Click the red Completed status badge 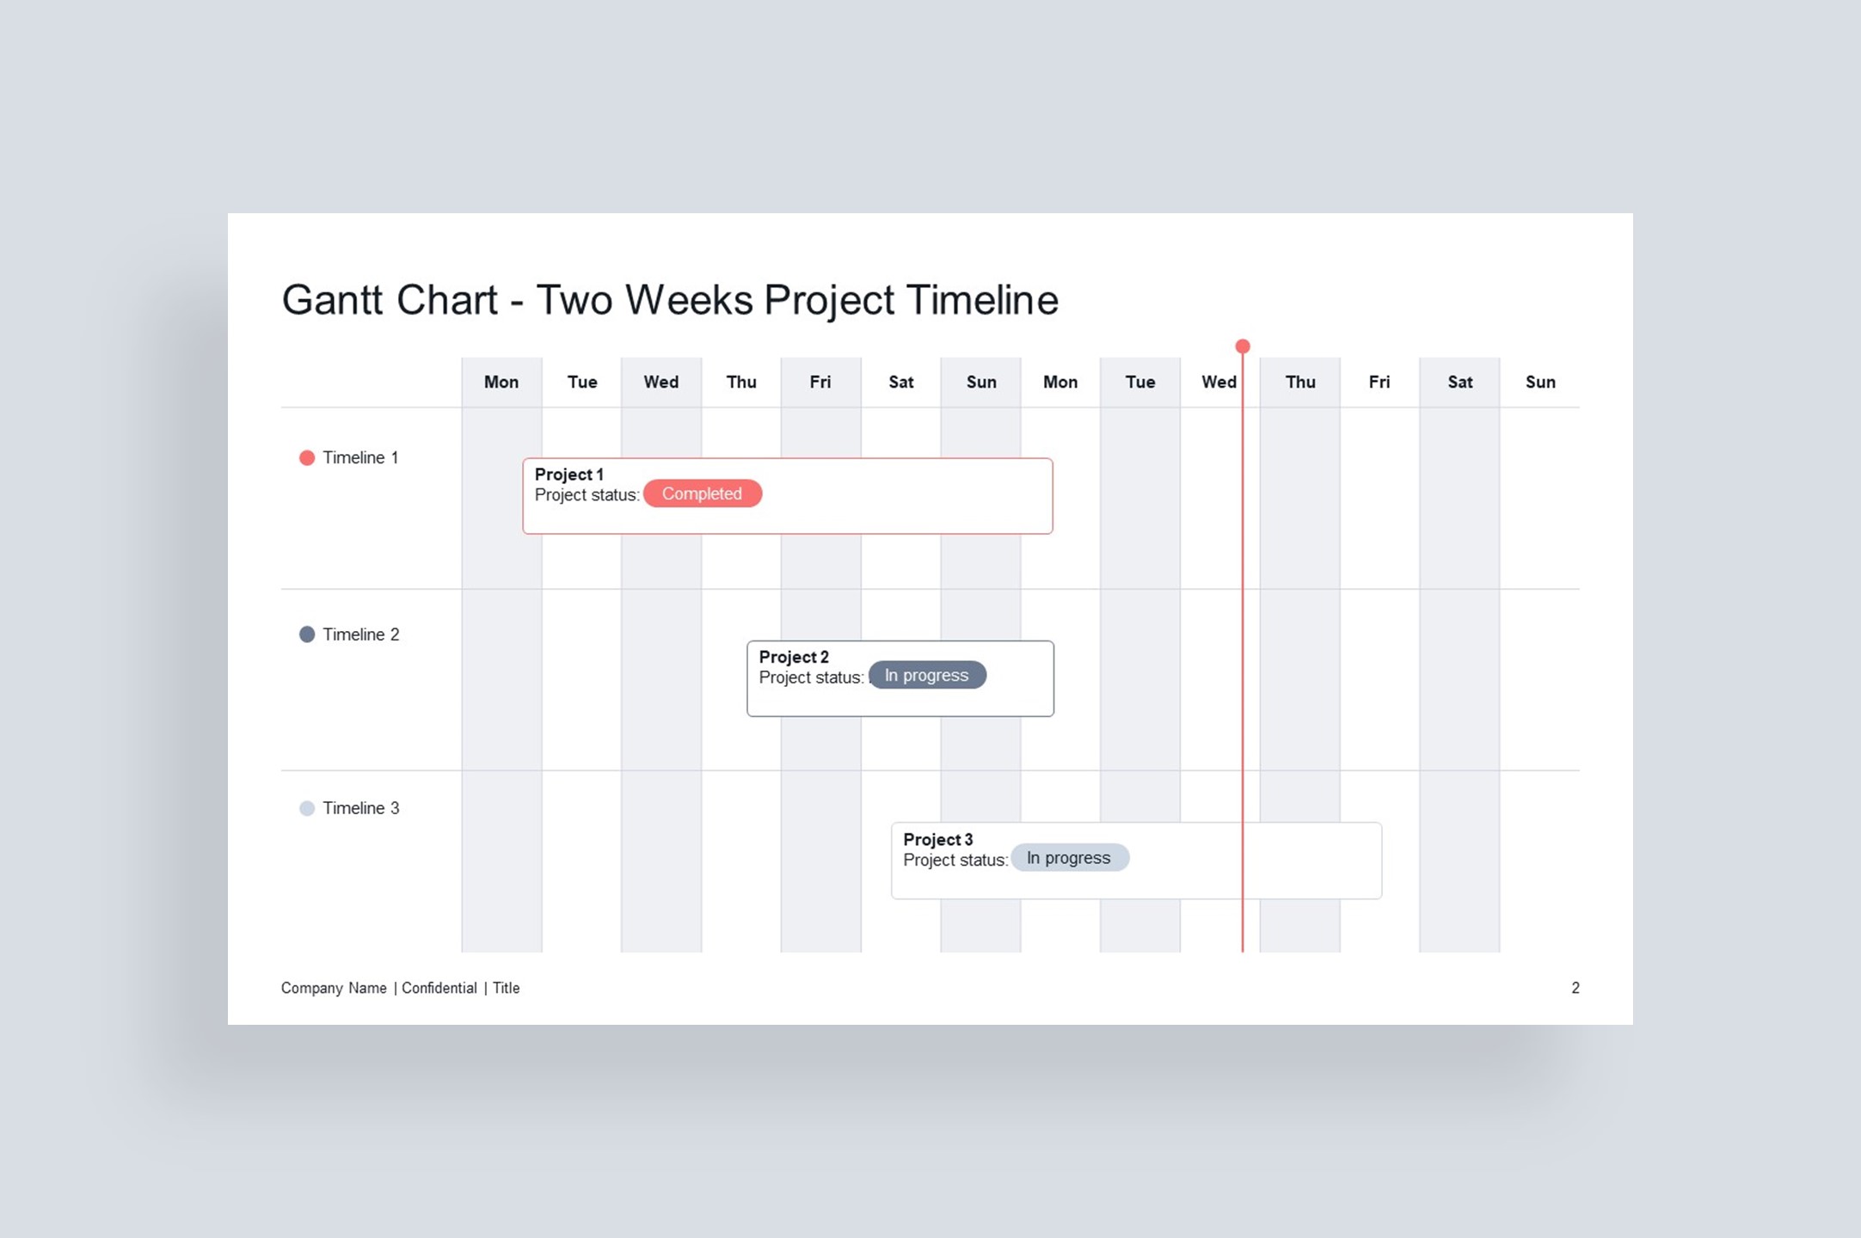702,493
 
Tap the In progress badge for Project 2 926,676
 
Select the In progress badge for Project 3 1069,858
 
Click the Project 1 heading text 569,475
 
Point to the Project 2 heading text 794,657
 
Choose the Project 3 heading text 938,839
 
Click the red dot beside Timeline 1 307,457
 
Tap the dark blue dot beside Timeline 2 307,634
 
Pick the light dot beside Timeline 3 307,808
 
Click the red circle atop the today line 1243,346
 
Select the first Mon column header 501,382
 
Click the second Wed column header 1219,382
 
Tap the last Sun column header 1540,382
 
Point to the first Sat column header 900,382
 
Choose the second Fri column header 1379,382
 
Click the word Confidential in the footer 439,988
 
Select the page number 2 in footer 1575,988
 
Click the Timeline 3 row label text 361,808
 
